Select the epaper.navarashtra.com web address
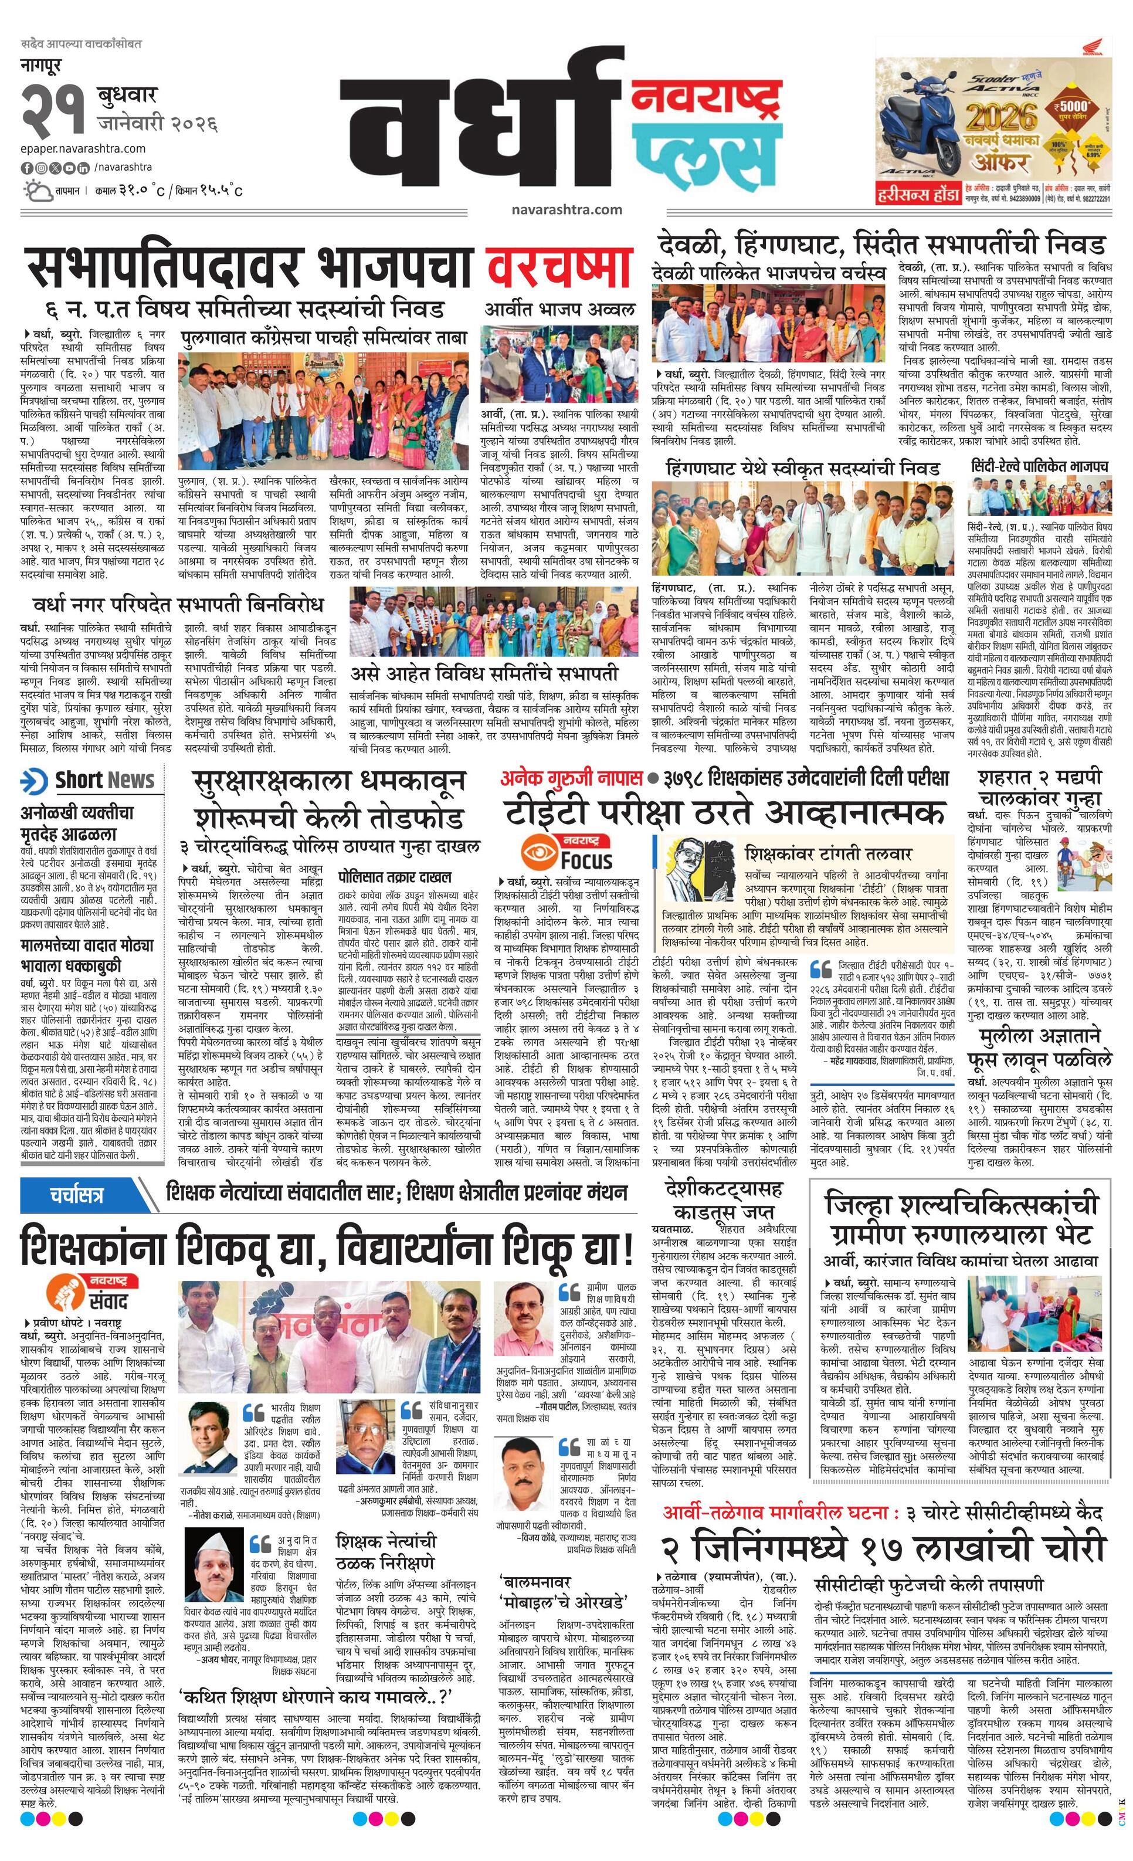click(83, 149)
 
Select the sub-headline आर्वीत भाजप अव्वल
click(559, 309)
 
